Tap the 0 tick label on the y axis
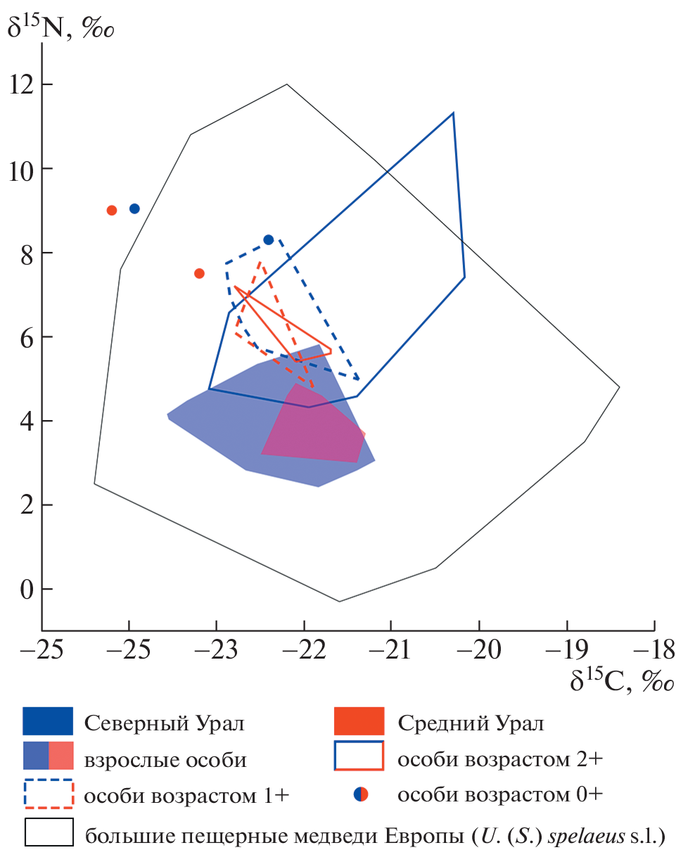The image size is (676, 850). click(25, 589)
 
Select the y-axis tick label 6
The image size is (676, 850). click(25, 337)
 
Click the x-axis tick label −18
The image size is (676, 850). click(653, 649)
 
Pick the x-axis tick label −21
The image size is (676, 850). click(390, 649)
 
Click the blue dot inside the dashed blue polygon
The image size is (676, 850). click(268, 240)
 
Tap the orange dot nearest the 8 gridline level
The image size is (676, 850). click(199, 273)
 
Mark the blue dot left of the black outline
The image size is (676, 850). click(134, 208)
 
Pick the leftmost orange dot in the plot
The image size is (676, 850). click(111, 210)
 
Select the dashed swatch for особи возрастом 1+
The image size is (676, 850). click(48, 794)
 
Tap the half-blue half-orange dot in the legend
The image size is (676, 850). click(360, 794)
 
